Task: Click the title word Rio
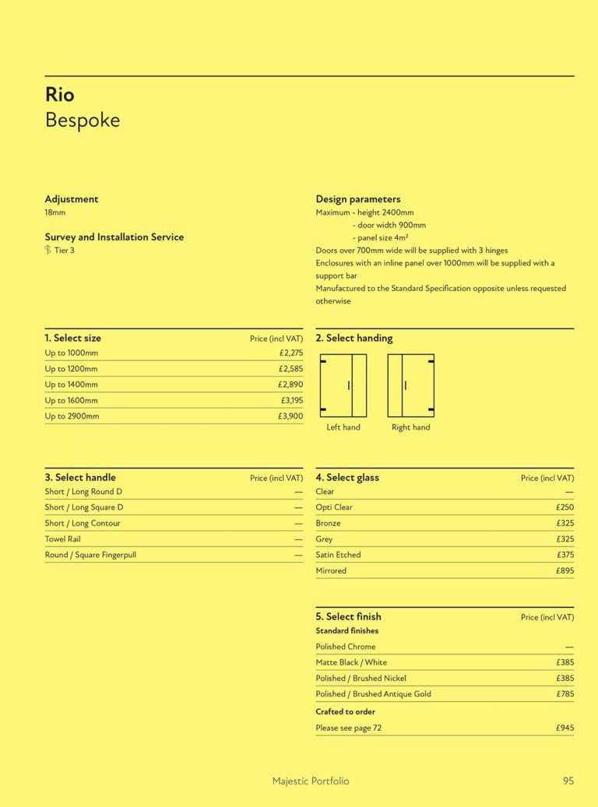pyautogui.click(x=60, y=95)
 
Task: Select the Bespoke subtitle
pyautogui.click(x=83, y=121)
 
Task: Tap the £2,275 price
pyautogui.click(x=290, y=353)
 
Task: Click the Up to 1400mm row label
pyautogui.click(x=72, y=384)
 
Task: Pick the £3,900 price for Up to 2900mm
pyautogui.click(x=290, y=416)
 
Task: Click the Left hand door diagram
pyautogui.click(x=343, y=386)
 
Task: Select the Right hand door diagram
pyautogui.click(x=410, y=386)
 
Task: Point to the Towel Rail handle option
pyautogui.click(x=63, y=539)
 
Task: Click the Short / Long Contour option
pyautogui.click(x=83, y=524)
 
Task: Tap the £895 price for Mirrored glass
pyautogui.click(x=565, y=571)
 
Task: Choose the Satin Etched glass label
pyautogui.click(x=338, y=555)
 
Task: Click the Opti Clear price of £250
pyautogui.click(x=565, y=507)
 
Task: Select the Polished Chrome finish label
pyautogui.click(x=346, y=647)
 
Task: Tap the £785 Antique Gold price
pyautogui.click(x=565, y=694)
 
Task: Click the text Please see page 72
pyautogui.click(x=349, y=728)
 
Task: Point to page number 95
pyautogui.click(x=568, y=781)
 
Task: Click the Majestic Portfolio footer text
pyautogui.click(x=311, y=781)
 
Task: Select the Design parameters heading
pyautogui.click(x=358, y=199)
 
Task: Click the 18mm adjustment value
pyautogui.click(x=56, y=212)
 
